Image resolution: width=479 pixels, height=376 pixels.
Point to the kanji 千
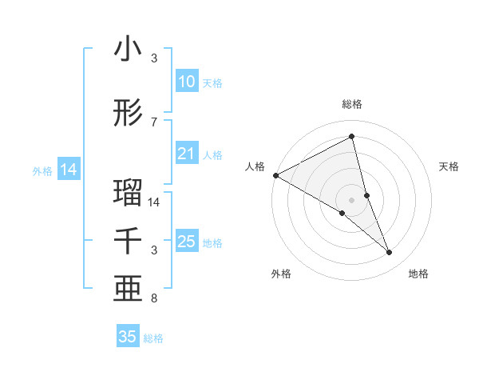coord(128,241)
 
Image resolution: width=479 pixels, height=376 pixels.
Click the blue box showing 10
coord(186,82)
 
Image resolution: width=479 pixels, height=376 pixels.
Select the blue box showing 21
coord(186,154)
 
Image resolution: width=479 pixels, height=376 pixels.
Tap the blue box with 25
coord(186,242)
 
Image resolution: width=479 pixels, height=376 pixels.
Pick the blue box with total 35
coord(128,337)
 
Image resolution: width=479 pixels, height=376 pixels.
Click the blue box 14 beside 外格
coord(68,170)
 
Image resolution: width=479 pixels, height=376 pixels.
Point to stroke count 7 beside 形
coord(154,122)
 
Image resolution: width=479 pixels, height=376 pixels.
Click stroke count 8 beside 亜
coord(154,298)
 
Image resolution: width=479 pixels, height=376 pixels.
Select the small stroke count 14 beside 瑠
coord(154,202)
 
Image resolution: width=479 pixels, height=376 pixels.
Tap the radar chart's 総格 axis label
coord(352,104)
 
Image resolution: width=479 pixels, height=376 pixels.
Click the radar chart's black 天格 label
coord(449,166)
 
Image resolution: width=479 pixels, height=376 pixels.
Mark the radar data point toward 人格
coord(275,174)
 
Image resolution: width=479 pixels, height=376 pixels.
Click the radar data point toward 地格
coord(390,253)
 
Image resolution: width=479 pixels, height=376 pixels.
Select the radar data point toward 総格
coord(352,137)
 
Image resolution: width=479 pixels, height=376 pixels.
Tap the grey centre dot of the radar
coord(351,199)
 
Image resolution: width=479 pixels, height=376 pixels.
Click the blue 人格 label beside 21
coord(212,155)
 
